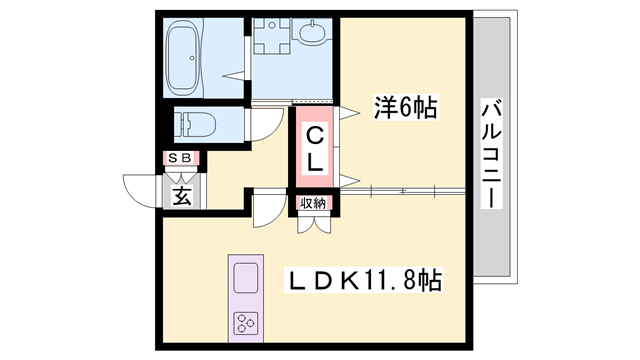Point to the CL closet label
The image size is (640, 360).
[314, 148]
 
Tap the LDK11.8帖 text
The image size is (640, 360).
[365, 279]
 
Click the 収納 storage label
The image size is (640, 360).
[313, 204]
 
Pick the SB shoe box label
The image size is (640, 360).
[183, 158]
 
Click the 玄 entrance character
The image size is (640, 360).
[183, 193]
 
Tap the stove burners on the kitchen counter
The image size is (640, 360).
[246, 322]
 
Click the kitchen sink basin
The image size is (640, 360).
[246, 275]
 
